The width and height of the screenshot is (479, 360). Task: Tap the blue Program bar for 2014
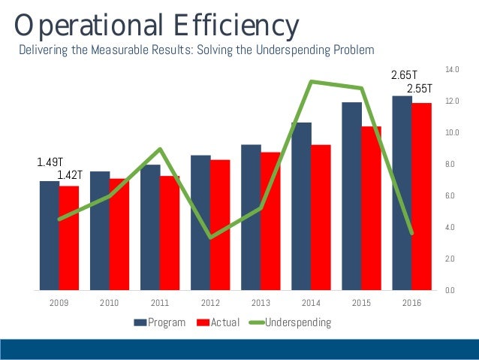(301, 206)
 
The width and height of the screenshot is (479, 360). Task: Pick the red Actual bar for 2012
(220, 225)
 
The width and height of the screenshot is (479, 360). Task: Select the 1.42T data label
(69, 176)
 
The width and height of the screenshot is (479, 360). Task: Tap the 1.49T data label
(49, 162)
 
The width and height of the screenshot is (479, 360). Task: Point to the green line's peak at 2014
(312, 81)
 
